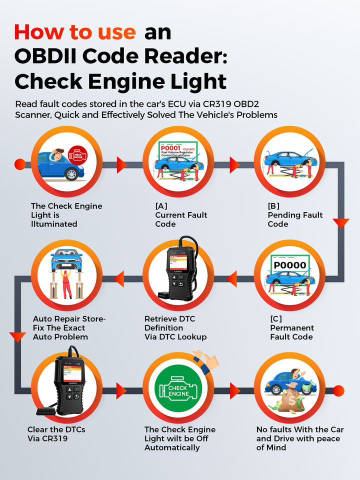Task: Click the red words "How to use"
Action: [x=75, y=32]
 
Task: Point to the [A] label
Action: [x=161, y=206]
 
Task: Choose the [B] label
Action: [x=273, y=206]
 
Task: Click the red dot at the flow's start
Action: [x=20, y=164]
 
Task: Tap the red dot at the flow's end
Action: [x=338, y=390]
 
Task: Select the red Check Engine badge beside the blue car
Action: [x=77, y=155]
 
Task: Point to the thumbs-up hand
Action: [x=206, y=360]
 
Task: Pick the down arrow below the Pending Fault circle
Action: [x=340, y=223]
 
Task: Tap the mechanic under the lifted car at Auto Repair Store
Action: [x=65, y=283]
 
